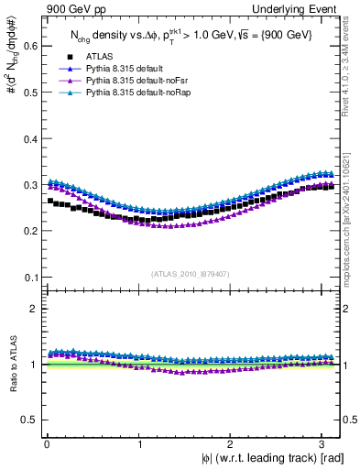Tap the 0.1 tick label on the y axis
pyautogui.click(x=28, y=278)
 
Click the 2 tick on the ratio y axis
pyautogui.click(x=32, y=309)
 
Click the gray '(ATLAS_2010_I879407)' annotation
pyautogui.click(x=191, y=272)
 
